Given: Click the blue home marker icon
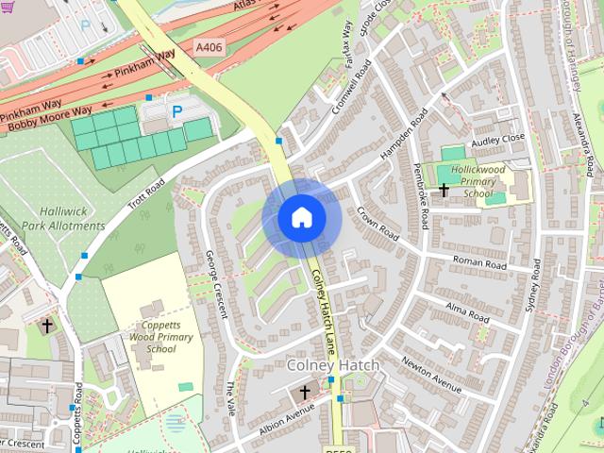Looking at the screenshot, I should click(301, 218).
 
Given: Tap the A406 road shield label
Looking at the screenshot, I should click(210, 45).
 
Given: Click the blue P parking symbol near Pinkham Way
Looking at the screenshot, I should click(176, 111).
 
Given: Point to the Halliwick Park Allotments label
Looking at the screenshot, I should click(63, 220).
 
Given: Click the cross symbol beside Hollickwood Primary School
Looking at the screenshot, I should click(444, 191).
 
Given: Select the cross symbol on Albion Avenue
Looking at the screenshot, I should click(305, 391).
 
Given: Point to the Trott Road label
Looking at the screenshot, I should click(147, 194).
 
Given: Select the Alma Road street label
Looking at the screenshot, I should click(469, 312).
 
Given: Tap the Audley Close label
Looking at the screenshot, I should click(497, 138).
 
